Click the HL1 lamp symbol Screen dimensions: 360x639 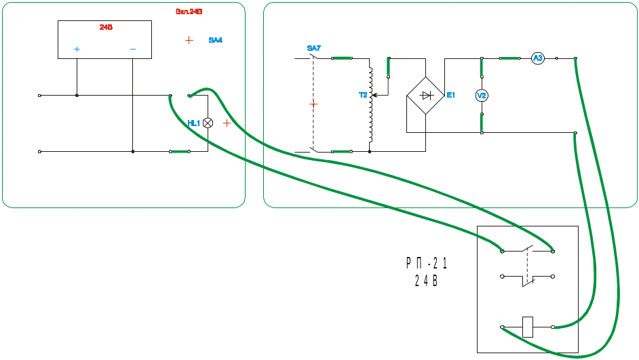tap(208, 123)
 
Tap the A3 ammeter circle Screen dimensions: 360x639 tap(537, 59)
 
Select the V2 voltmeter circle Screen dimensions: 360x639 tap(481, 96)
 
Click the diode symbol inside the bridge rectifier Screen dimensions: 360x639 tap(427, 96)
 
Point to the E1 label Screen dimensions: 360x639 tap(450, 95)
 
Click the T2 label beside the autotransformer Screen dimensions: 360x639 tap(362, 95)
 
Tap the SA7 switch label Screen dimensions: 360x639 tap(313, 48)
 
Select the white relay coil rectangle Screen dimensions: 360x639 tap(527, 327)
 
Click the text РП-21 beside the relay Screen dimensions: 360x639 tap(427, 262)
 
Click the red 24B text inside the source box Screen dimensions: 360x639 tap(106, 28)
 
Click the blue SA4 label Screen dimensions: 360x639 tap(215, 41)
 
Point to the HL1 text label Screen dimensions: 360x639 tap(193, 123)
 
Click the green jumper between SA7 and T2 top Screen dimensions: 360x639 tap(342, 58)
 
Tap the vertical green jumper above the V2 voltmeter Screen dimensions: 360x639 tap(481, 68)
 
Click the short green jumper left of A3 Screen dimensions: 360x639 tap(510, 58)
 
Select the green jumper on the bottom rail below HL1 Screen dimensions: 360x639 tap(180, 152)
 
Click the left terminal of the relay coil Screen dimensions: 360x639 tap(502, 327)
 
